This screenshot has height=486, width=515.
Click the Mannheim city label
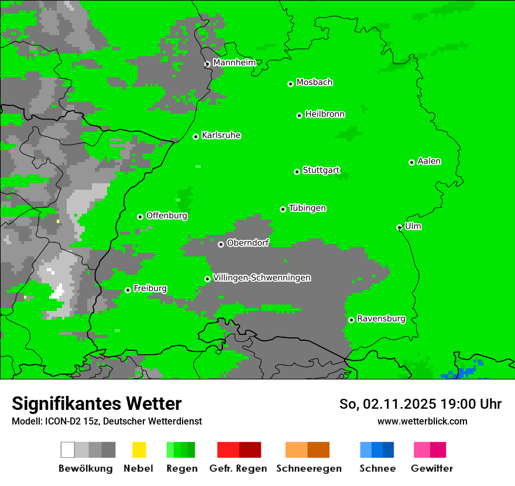[234, 63]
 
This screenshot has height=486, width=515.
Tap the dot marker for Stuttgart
[297, 172]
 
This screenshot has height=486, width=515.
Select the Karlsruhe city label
[221, 135]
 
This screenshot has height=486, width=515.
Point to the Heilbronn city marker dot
[299, 115]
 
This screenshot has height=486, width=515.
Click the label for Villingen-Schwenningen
[262, 278]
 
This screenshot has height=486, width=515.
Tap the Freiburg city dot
[128, 290]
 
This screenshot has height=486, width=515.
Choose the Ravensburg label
[381, 319]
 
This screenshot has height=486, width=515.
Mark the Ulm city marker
[399, 227]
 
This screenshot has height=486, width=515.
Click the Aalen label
[429, 161]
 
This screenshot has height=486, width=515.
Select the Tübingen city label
[307, 208]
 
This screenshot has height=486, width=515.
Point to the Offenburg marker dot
[140, 217]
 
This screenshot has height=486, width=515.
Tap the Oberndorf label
[248, 242]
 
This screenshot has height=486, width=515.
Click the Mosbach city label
[314, 83]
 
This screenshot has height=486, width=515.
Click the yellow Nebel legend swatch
[139, 450]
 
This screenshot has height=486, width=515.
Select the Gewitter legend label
[431, 468]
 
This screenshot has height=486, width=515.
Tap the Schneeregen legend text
[308, 468]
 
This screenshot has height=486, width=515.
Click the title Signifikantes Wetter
[97, 403]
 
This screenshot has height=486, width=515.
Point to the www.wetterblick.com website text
[422, 421]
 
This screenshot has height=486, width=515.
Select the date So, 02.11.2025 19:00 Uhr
[420, 404]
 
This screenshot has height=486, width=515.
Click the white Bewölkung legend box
[68, 450]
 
